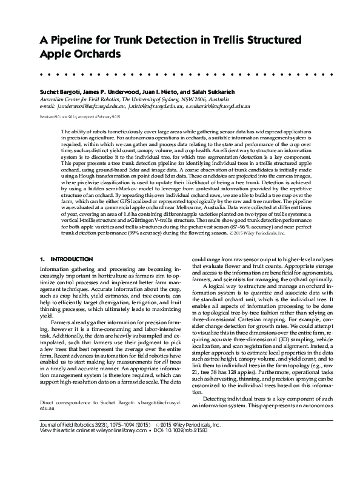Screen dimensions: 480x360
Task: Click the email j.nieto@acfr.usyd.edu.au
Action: click(x=156, y=105)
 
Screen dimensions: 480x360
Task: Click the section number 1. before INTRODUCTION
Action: click(x=42, y=259)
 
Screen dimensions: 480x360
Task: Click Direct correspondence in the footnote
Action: click(x=67, y=453)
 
